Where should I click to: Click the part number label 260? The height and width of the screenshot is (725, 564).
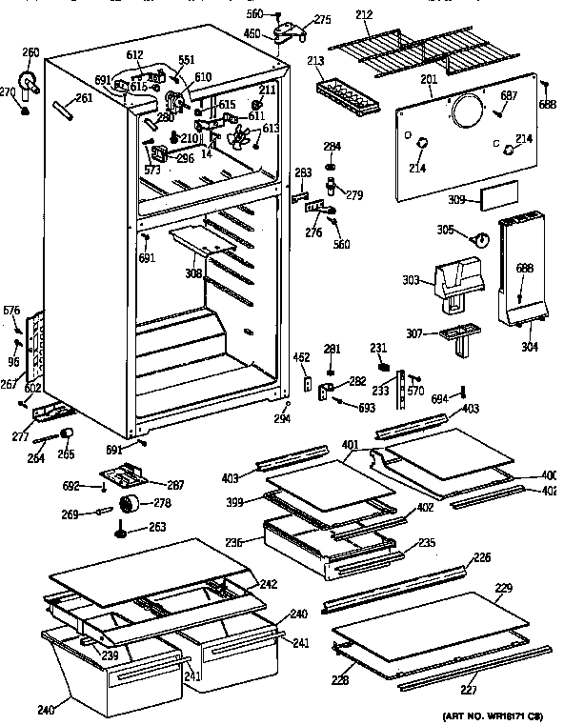[x=30, y=52]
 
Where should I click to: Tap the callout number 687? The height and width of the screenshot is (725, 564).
[x=510, y=94]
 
